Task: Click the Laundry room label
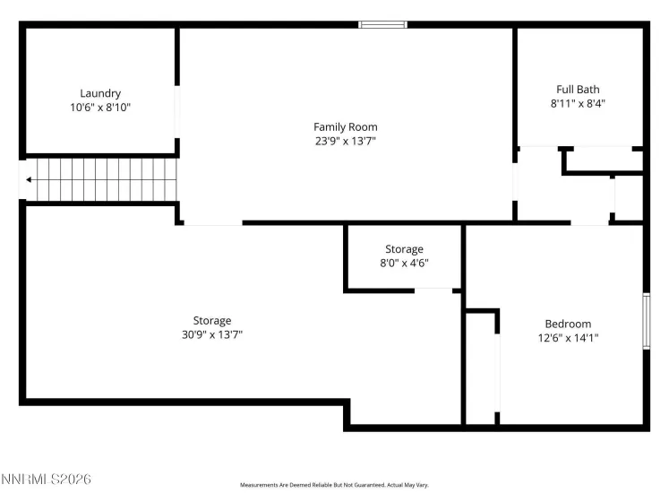pyautogui.click(x=100, y=93)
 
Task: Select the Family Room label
pyautogui.click(x=345, y=127)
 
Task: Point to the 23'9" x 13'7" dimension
pyautogui.click(x=345, y=141)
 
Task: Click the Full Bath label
pyautogui.click(x=578, y=90)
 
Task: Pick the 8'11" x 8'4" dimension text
pyautogui.click(x=578, y=103)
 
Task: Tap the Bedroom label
pyautogui.click(x=568, y=324)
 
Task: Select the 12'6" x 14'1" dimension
pyautogui.click(x=568, y=338)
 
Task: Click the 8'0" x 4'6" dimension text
pyautogui.click(x=404, y=264)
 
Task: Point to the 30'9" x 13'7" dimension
pyautogui.click(x=211, y=334)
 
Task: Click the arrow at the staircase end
pyautogui.click(x=30, y=180)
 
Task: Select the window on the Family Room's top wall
pyautogui.click(x=382, y=24)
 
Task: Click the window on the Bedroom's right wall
pyautogui.click(x=645, y=320)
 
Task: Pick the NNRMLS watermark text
pyautogui.click(x=46, y=480)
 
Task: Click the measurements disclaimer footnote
pyautogui.click(x=334, y=485)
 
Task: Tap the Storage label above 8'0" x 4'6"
pyautogui.click(x=404, y=249)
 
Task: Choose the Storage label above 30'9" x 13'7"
pyautogui.click(x=211, y=320)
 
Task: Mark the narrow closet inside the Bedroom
pyautogui.click(x=481, y=368)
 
